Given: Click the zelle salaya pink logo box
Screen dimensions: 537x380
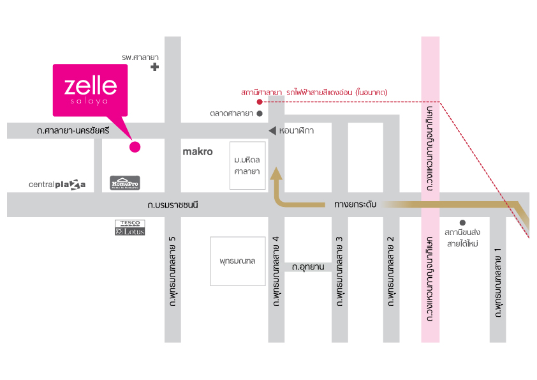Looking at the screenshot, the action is [x=90, y=90].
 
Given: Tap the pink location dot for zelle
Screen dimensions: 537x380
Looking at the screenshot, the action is [x=135, y=147].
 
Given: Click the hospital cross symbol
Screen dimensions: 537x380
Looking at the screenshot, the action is [x=155, y=67].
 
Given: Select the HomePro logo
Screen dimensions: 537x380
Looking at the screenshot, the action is [x=124, y=183].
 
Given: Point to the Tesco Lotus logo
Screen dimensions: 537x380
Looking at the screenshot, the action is [x=130, y=227].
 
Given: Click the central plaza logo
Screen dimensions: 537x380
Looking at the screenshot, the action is [x=57, y=185].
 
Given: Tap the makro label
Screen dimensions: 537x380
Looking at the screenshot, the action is [x=198, y=151].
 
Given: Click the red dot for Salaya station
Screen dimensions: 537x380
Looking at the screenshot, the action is [x=260, y=102].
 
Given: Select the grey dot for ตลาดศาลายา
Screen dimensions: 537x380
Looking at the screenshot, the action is [x=260, y=114].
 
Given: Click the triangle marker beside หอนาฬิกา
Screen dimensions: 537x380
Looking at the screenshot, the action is [x=272, y=131].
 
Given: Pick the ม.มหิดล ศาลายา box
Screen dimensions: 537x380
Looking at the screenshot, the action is [x=247, y=165].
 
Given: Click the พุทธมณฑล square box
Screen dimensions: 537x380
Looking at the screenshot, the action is [x=238, y=261].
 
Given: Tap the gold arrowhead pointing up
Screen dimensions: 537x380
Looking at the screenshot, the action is [x=276, y=174].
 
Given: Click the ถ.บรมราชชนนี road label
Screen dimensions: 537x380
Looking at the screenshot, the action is [x=173, y=205].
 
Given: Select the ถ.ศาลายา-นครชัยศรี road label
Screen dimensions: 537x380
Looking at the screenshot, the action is [x=73, y=131].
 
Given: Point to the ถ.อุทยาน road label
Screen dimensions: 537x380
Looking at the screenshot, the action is [x=308, y=267].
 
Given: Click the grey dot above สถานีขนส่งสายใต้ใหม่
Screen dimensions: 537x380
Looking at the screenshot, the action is [x=462, y=223].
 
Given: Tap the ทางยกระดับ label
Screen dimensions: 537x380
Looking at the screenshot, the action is [x=355, y=204].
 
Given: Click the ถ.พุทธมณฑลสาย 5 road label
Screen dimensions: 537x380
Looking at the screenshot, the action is [x=173, y=271].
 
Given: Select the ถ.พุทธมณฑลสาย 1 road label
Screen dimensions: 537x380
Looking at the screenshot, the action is [x=498, y=282].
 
